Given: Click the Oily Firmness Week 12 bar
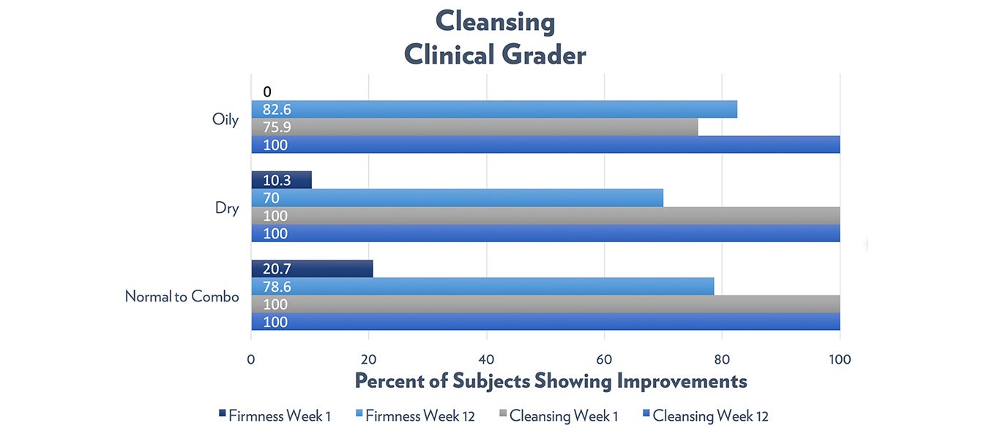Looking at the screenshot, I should [x=494, y=109].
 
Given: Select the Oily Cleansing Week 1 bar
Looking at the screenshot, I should [x=474, y=127].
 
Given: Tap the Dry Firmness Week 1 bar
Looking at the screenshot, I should [x=281, y=180].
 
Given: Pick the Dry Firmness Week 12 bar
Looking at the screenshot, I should [x=457, y=198].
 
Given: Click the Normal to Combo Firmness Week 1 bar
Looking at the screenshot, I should [x=312, y=269].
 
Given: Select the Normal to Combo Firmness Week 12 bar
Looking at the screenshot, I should [x=482, y=286].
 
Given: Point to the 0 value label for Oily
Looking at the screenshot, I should [x=267, y=91].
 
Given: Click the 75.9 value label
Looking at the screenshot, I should [x=275, y=127].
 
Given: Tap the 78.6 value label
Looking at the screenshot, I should [x=276, y=287].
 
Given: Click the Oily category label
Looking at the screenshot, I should [x=225, y=119].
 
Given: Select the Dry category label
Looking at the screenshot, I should [x=227, y=208].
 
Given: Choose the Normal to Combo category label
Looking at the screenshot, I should [x=182, y=296].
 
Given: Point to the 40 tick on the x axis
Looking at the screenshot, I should [x=486, y=359].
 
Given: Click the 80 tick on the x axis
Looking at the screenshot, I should [x=722, y=359].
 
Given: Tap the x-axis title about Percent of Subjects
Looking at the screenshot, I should [x=551, y=381].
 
